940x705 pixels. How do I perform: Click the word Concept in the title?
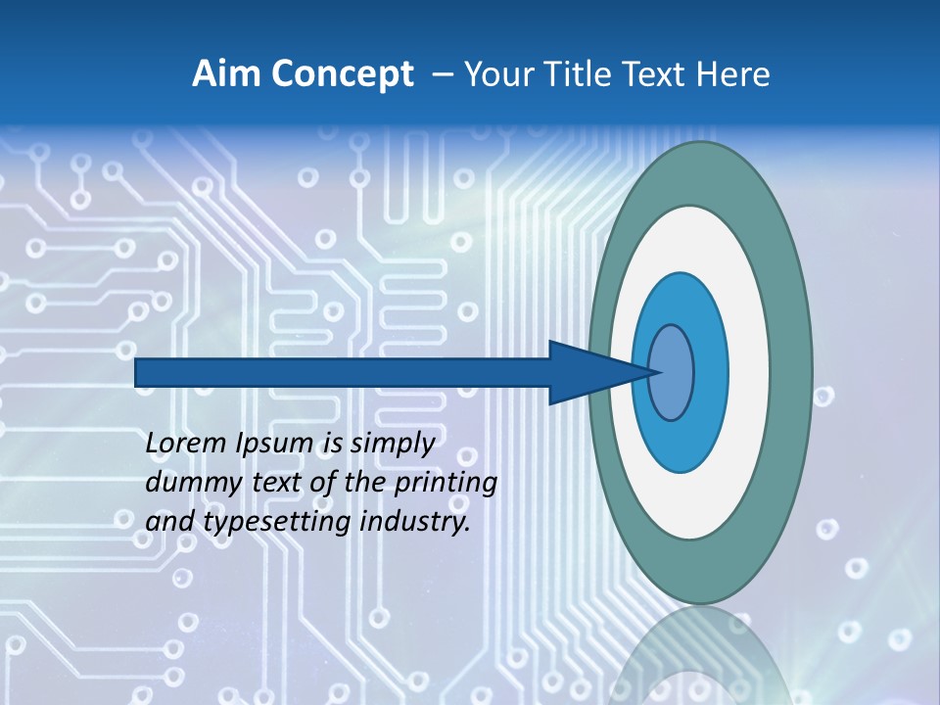click(343, 74)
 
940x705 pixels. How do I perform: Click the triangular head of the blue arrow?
click(587, 372)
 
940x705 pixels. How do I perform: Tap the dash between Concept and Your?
click(443, 74)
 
